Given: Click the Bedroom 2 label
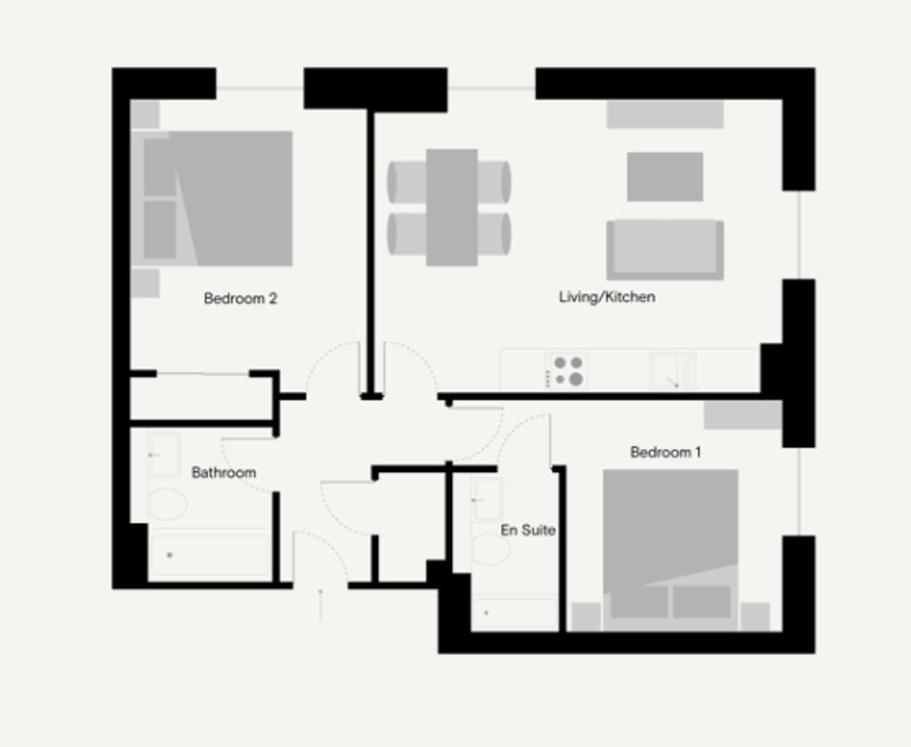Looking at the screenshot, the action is pyautogui.click(x=240, y=299).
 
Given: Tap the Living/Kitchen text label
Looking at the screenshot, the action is pyautogui.click(x=607, y=297).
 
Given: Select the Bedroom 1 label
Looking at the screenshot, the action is pyautogui.click(x=665, y=452).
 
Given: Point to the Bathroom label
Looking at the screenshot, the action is pyautogui.click(x=224, y=472).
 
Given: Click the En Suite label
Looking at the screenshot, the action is pyautogui.click(x=528, y=530).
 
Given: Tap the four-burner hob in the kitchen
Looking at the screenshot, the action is pyautogui.click(x=566, y=371).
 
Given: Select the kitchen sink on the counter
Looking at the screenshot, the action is pyautogui.click(x=673, y=371).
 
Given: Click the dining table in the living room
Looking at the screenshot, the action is pyautogui.click(x=452, y=208).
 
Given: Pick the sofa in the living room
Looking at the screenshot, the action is pyautogui.click(x=665, y=250).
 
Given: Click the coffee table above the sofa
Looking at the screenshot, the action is pyautogui.click(x=665, y=177).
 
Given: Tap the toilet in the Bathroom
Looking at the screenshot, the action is pyautogui.click(x=168, y=504).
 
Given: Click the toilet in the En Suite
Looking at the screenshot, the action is pyautogui.click(x=490, y=549).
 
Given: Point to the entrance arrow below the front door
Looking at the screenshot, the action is pyautogui.click(x=321, y=605).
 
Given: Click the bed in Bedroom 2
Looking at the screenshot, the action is pyautogui.click(x=212, y=199).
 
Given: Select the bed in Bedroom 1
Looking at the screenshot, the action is pyautogui.click(x=670, y=550).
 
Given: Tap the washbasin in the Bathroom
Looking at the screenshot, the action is pyautogui.click(x=164, y=455).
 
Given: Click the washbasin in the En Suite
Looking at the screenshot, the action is pyautogui.click(x=486, y=499).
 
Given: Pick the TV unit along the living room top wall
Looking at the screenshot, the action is pyautogui.click(x=665, y=114).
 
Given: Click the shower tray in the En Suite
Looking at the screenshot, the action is pyautogui.click(x=515, y=612).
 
